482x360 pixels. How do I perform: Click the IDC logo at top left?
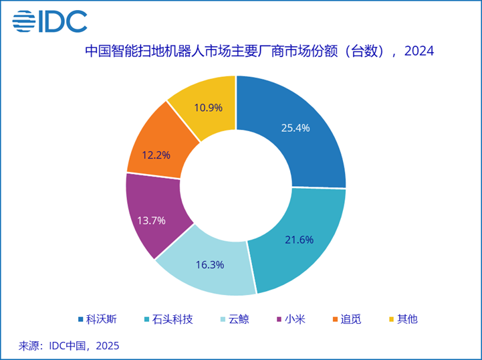pos(50,21)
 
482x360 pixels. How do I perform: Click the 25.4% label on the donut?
pos(295,128)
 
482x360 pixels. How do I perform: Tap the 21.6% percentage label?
pos(299,240)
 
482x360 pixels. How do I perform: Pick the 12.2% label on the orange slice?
pos(156,155)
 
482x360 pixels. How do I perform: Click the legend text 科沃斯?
pos(101,319)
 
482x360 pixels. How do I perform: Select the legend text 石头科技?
pos(173,319)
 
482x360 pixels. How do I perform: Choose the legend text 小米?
pos(295,319)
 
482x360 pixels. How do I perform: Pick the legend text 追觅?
pos(351,319)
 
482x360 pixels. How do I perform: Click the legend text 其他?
pos(407,319)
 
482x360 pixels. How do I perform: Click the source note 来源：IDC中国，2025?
pos(69,346)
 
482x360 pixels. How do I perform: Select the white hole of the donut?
pos(235,185)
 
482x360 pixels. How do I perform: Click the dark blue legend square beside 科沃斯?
pos(80,319)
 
